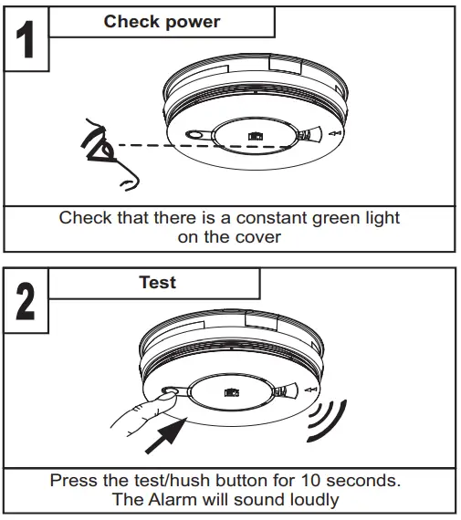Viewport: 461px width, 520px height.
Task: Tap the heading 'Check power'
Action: tap(162, 21)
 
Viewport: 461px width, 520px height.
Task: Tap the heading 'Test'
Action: tap(157, 282)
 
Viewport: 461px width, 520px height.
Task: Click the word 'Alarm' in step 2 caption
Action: tap(171, 498)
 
